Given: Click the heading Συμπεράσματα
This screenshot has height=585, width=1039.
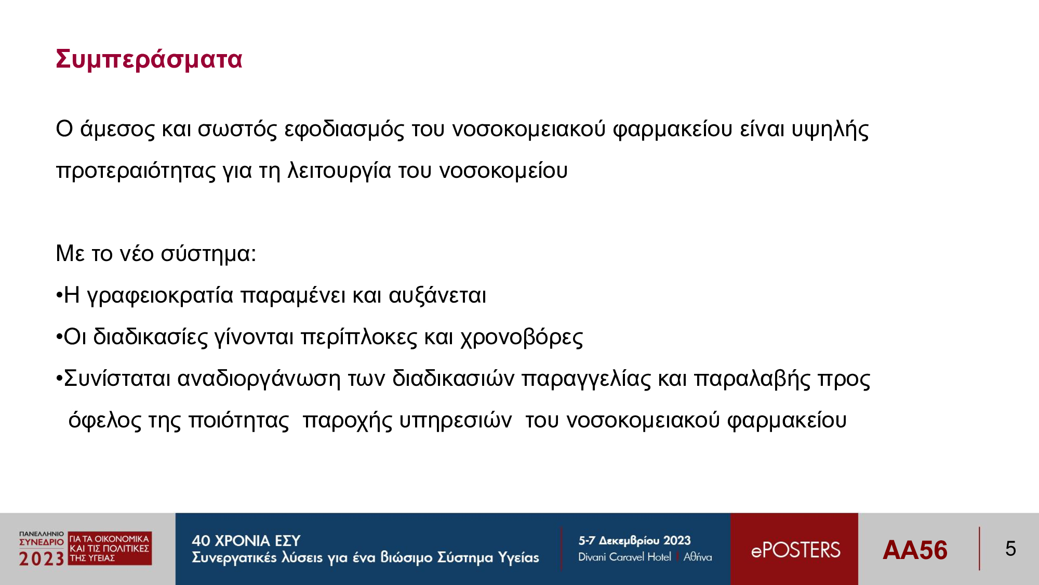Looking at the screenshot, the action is tap(149, 59).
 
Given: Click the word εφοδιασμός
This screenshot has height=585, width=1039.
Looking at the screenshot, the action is tap(344, 129).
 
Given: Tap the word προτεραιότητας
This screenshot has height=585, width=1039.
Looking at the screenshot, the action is tap(136, 171).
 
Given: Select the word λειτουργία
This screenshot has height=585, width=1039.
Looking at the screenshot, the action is tap(339, 171).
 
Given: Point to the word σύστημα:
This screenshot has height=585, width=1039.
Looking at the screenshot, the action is tap(208, 254).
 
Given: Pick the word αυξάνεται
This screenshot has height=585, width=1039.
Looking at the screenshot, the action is tap(437, 295).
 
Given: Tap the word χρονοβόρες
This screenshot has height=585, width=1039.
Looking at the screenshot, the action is tap(522, 337).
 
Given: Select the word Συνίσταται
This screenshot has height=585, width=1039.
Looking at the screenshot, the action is tap(117, 379).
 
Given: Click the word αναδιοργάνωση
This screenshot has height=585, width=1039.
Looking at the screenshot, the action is tap(259, 379).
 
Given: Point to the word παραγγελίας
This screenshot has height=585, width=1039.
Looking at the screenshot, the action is tap(586, 379).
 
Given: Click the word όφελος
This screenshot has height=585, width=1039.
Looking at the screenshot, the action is tap(104, 420).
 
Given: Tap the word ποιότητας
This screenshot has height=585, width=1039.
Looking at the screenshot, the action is tap(239, 420).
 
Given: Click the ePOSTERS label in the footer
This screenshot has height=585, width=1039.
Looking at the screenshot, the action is tap(795, 550).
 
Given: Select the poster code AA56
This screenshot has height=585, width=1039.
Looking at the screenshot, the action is tap(915, 550).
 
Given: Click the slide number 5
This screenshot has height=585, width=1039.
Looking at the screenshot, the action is tap(1010, 549).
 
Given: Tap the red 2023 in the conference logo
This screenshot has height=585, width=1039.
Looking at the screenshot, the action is tap(42, 559).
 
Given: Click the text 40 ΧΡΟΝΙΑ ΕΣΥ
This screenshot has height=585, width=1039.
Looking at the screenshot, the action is tap(246, 541).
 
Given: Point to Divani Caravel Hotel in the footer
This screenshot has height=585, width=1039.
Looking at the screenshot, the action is tap(624, 557).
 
